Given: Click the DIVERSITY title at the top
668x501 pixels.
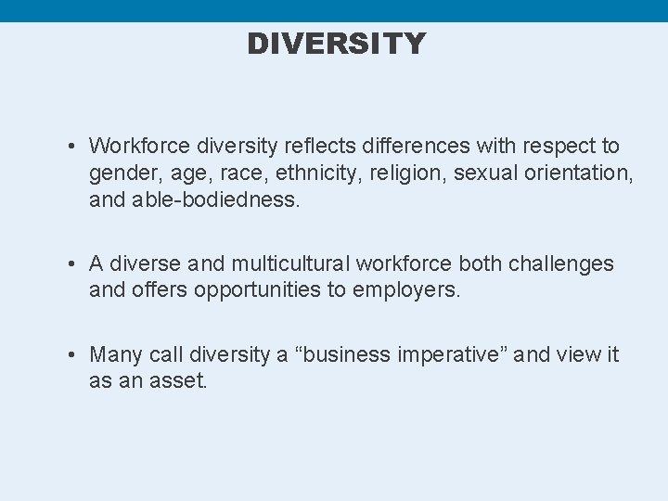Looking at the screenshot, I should point(336,44).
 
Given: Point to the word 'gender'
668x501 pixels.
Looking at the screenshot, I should point(122,173).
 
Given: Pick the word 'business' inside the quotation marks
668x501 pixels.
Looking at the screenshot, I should point(353,354).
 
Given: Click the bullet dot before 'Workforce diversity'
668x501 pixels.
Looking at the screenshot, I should point(71,147).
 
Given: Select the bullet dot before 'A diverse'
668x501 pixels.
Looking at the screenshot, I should point(71,263).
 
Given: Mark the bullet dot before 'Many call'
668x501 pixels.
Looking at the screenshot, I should point(71,354).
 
